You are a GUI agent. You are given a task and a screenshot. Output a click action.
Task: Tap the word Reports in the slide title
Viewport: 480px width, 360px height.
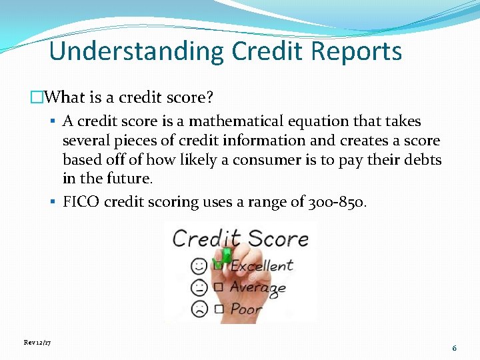click(x=359, y=51)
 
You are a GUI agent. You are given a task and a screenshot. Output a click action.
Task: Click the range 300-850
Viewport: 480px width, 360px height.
click(x=337, y=202)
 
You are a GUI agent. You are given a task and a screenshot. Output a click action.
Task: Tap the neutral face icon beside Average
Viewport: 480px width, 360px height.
click(x=199, y=287)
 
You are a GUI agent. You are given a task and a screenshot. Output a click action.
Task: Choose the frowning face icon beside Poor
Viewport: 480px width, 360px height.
click(x=199, y=309)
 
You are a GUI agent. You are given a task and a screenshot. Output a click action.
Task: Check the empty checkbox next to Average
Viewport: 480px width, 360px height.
click(x=218, y=287)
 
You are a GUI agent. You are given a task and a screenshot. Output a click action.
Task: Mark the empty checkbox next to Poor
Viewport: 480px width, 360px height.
click(x=218, y=309)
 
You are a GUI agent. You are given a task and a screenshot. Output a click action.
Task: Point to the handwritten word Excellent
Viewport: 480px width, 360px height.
click(x=261, y=266)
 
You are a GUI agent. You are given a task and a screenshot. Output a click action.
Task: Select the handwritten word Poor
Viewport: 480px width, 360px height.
click(x=246, y=309)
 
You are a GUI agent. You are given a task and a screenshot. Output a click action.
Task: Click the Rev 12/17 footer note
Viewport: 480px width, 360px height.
click(x=37, y=342)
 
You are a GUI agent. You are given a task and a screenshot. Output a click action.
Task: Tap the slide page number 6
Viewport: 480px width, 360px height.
click(x=454, y=348)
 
